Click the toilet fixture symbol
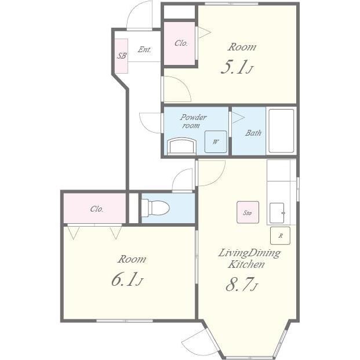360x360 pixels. point(155,208)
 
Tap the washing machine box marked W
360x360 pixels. point(216,142)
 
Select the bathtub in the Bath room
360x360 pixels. point(281,130)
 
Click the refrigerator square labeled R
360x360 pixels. point(280,235)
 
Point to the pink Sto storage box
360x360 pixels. point(248,212)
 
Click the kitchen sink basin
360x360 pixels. point(277,213)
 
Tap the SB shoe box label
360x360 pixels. point(122,56)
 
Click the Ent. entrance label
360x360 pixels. point(144,49)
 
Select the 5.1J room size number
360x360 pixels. point(237,67)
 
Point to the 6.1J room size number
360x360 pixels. point(127,279)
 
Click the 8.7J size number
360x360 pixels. point(242,284)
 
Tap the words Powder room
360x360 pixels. point(193,121)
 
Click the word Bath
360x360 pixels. point(253,133)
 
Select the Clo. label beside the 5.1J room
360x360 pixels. point(181,43)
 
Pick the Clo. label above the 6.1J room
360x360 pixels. point(97,209)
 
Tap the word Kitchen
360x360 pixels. point(246,264)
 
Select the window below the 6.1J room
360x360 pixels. point(125,321)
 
